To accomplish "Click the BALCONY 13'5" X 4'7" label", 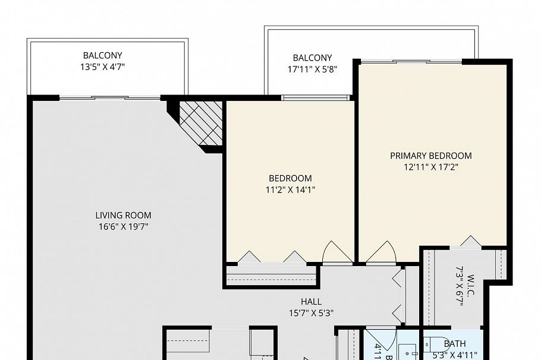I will click(103, 55).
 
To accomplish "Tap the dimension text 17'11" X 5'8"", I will click(312, 69).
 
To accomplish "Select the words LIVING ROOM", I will click(123, 215).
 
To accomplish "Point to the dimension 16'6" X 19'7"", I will click(123, 226).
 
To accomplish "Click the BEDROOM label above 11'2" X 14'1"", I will click(290, 178).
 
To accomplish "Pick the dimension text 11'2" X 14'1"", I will click(290, 190).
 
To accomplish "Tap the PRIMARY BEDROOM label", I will click(430, 156).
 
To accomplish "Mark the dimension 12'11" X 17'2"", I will click(430, 167).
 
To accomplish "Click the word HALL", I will click(311, 302).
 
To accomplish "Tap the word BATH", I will click(455, 343).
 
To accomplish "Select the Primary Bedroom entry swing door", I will click(380, 253).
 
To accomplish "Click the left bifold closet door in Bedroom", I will click(249, 257).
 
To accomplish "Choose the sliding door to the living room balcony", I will click(110, 97).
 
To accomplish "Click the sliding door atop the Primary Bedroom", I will click(411, 61).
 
